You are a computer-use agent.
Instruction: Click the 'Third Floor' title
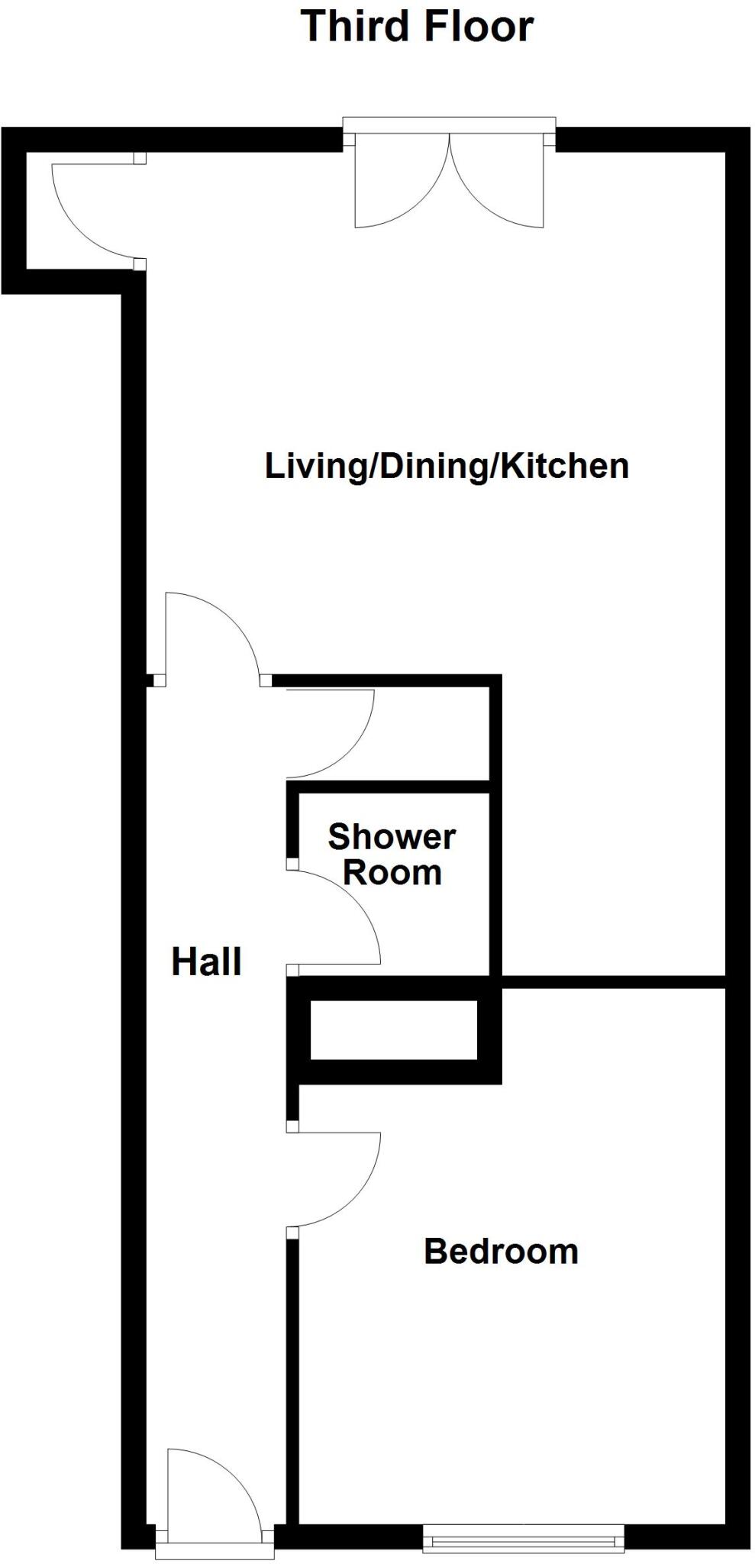click(x=416, y=26)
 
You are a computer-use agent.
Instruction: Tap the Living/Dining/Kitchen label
click(x=447, y=466)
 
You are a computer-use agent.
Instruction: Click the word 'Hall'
click(x=206, y=961)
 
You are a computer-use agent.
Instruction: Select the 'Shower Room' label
click(x=392, y=855)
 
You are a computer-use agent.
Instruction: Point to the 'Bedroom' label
click(x=501, y=1252)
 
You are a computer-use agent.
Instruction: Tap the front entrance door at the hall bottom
click(x=214, y=1497)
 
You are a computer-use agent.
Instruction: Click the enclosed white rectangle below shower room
click(x=393, y=1030)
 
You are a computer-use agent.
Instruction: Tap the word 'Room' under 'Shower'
click(x=392, y=873)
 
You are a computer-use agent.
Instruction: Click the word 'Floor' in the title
click(x=478, y=26)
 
